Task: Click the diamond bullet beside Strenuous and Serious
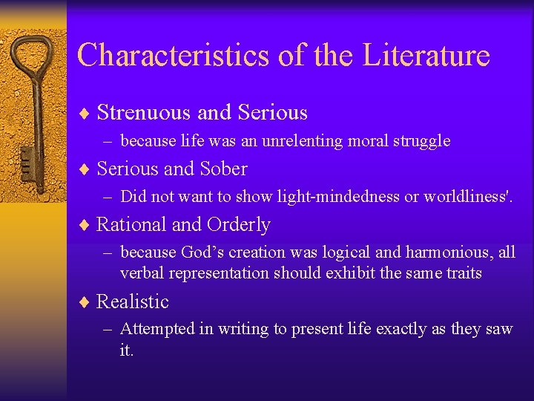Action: click(85, 114)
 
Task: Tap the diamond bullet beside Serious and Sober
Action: click(85, 170)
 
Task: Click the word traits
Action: click(463, 273)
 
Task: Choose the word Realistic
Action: click(133, 301)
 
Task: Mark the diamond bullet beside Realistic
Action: click(85, 302)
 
